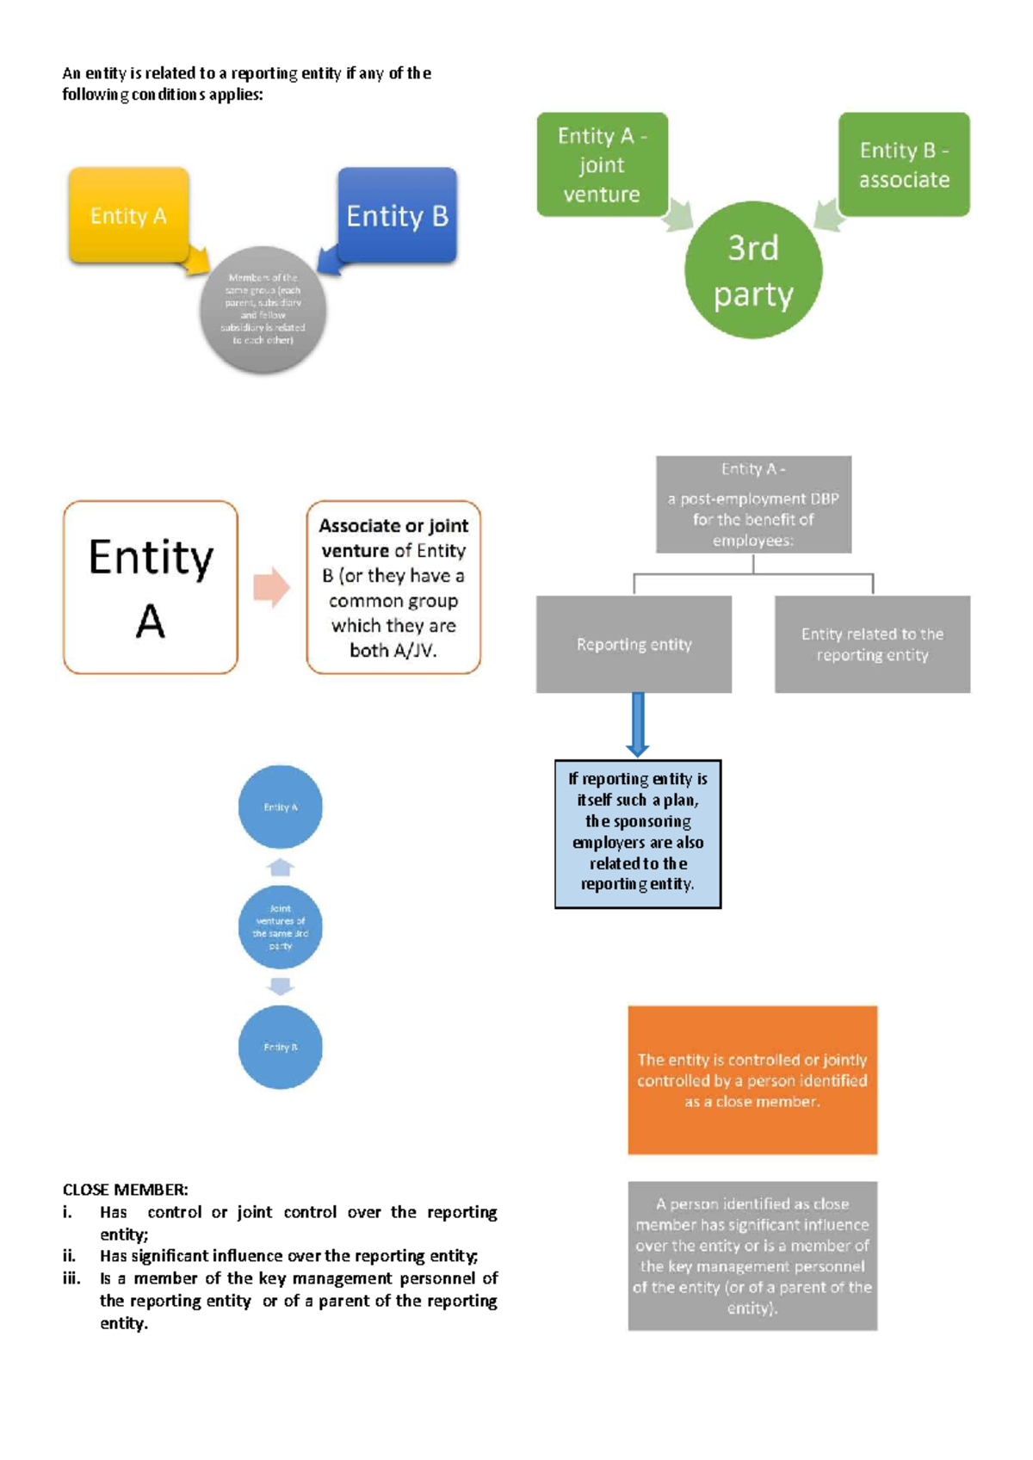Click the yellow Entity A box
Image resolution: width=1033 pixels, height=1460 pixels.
(x=128, y=215)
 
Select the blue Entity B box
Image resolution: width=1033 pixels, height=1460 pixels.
(x=397, y=215)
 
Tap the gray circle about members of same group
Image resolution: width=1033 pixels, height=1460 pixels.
(x=263, y=310)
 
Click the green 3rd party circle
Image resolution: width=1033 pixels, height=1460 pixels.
(x=753, y=270)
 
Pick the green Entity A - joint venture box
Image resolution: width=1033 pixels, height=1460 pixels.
(x=602, y=164)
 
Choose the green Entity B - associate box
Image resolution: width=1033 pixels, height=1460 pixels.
(x=904, y=164)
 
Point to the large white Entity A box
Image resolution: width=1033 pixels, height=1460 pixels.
(x=151, y=587)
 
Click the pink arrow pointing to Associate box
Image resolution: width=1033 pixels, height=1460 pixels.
(x=271, y=587)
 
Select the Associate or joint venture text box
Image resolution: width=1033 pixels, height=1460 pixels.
(x=393, y=587)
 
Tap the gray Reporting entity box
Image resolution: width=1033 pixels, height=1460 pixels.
(x=634, y=644)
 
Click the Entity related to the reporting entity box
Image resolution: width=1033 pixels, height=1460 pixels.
(x=872, y=644)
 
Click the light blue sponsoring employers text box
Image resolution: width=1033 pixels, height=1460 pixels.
(x=638, y=833)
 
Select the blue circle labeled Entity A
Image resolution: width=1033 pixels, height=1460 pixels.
(x=280, y=807)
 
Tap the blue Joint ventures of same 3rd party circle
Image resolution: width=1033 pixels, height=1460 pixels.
(x=280, y=927)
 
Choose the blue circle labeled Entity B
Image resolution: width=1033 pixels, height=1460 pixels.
(x=280, y=1047)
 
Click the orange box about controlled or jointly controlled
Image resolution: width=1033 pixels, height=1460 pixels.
(x=752, y=1080)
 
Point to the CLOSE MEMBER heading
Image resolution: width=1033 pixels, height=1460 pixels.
(x=125, y=1190)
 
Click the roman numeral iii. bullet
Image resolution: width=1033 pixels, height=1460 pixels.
(x=71, y=1278)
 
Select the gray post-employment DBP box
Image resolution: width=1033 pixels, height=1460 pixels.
(x=753, y=504)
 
